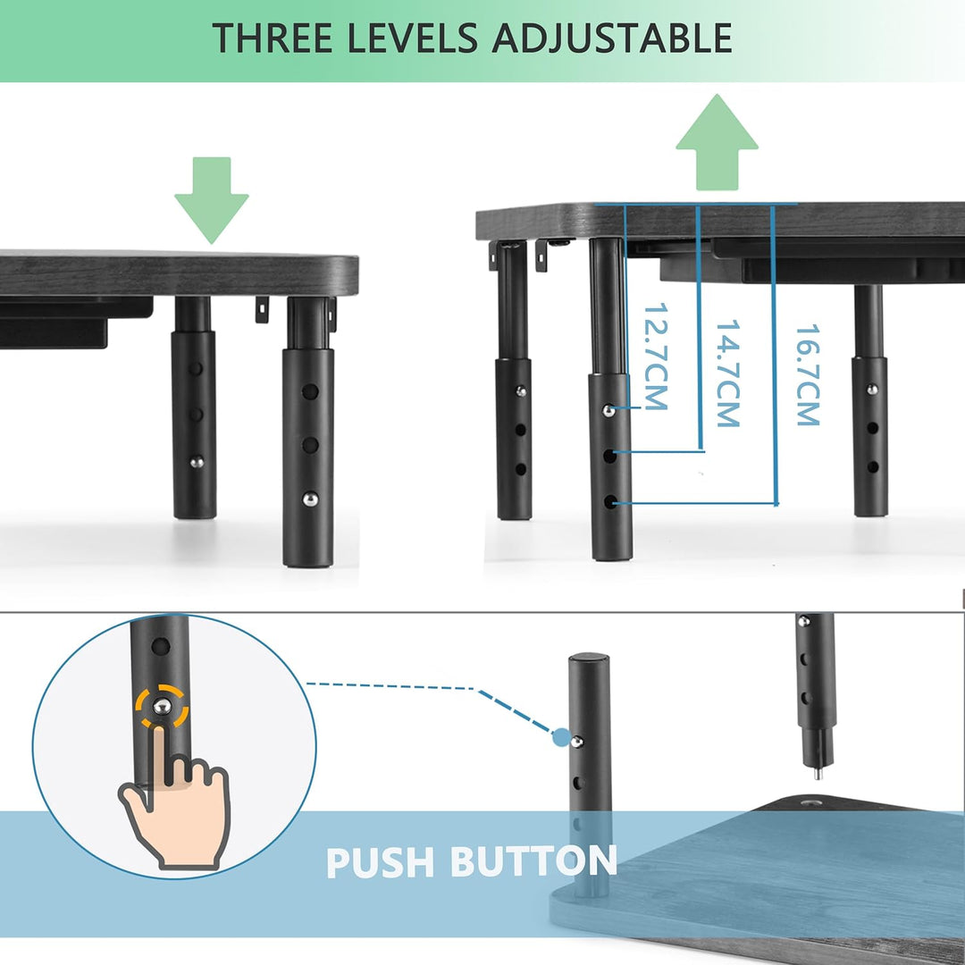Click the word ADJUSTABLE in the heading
[612, 38]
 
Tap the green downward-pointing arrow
[212, 200]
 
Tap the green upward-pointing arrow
[717, 142]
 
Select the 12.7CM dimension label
[655, 356]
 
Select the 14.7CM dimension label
[727, 373]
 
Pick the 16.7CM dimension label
[808, 374]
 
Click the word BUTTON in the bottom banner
[533, 861]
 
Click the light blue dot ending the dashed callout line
[561, 736]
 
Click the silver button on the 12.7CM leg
[608, 410]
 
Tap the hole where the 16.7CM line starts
[610, 502]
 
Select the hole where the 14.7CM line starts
[610, 456]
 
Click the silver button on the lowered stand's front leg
[310, 499]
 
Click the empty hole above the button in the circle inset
[161, 647]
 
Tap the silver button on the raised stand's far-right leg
[871, 389]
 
